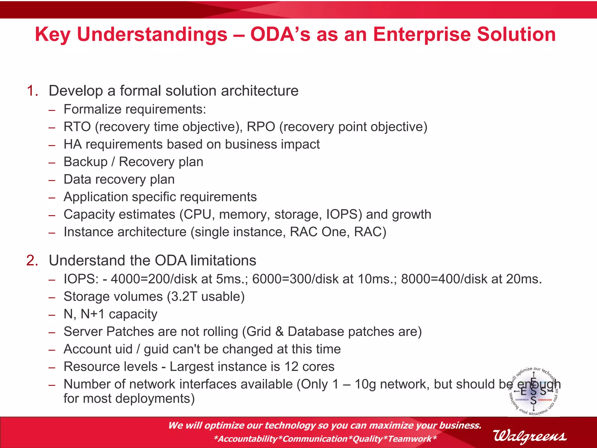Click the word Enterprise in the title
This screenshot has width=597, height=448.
[422, 34]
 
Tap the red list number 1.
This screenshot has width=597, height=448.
[32, 91]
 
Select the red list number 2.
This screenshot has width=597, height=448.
[32, 260]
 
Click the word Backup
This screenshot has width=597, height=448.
[85, 162]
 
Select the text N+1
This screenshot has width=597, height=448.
[92, 314]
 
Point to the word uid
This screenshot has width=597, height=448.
[124, 349]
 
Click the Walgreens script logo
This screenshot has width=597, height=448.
[530, 436]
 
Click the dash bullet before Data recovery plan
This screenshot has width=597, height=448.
[52, 180]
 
